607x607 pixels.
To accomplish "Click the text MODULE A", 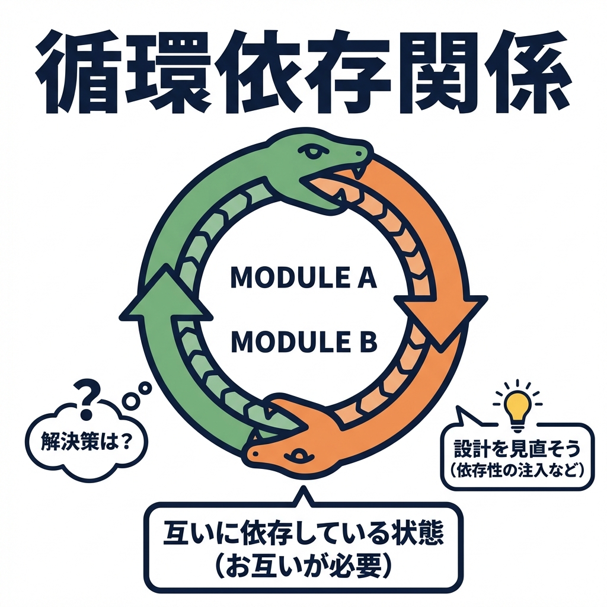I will pos(303,277).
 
